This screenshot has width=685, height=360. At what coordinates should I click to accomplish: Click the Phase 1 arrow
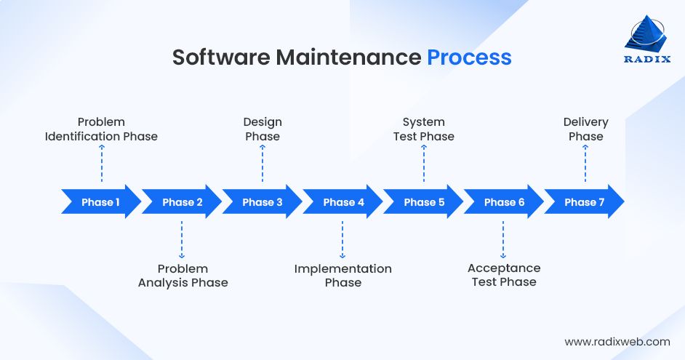[x=101, y=202]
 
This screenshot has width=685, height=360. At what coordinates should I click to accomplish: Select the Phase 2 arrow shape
[x=182, y=202]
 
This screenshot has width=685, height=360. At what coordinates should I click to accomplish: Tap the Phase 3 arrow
[x=263, y=202]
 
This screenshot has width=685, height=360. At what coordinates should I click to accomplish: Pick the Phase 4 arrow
[x=343, y=202]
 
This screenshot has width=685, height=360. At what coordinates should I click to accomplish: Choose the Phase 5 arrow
[x=424, y=202]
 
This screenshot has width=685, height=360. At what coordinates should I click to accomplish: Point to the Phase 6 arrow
[x=504, y=202]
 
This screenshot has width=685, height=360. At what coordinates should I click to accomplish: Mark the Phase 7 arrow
[x=585, y=202]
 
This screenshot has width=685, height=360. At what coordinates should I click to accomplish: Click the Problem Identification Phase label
[x=101, y=129]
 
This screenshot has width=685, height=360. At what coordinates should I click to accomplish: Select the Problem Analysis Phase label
[x=183, y=276]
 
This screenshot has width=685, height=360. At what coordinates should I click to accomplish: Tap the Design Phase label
[x=263, y=129]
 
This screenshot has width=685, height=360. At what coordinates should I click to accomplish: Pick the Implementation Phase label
[x=343, y=276]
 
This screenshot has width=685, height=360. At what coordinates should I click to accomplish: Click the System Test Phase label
[x=424, y=129]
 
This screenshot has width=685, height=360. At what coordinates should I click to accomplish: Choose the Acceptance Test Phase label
[x=504, y=276]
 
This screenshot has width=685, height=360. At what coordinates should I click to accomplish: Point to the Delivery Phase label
[x=585, y=129]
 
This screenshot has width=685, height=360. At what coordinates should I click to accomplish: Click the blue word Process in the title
[x=469, y=57]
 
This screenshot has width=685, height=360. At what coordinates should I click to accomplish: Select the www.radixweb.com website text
[x=617, y=341]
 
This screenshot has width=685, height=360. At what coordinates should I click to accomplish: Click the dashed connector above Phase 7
[x=585, y=164]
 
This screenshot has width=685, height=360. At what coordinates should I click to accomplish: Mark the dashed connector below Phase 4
[x=342, y=239]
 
